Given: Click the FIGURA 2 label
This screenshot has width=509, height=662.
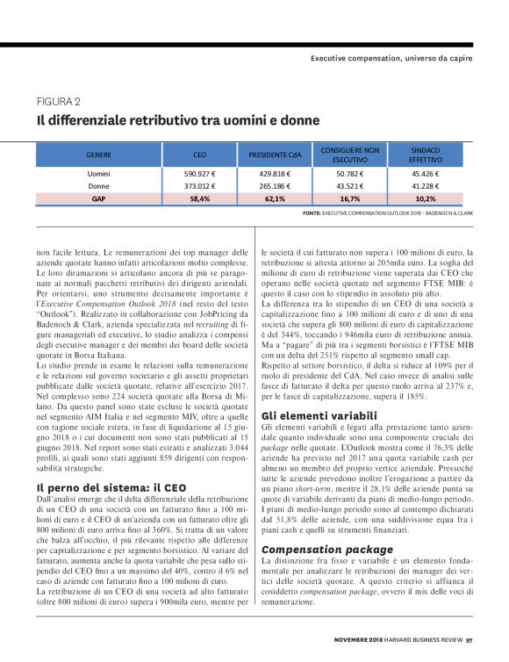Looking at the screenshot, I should (x=59, y=99).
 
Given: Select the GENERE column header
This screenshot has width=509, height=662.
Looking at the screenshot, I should (x=97, y=155).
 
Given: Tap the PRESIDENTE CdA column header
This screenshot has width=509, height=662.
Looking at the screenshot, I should (x=275, y=155).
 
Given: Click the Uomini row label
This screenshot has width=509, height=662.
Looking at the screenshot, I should (x=98, y=174).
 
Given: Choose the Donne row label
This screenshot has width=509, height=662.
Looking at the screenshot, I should (x=98, y=186).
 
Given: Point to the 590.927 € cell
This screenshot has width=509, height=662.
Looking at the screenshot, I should (x=199, y=174).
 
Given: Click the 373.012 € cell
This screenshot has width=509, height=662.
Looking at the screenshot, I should (x=199, y=186).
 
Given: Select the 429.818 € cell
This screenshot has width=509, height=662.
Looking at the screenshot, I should (x=275, y=174).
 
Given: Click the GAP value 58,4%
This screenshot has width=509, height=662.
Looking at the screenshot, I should (x=199, y=198).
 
